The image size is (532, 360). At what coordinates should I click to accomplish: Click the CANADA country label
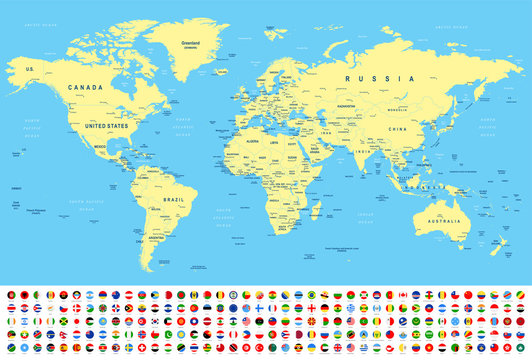point(84,87)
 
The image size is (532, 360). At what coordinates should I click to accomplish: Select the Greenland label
point(191,43)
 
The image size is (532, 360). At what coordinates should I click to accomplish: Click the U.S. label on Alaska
point(29,68)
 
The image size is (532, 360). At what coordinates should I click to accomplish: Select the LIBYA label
point(272,144)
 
